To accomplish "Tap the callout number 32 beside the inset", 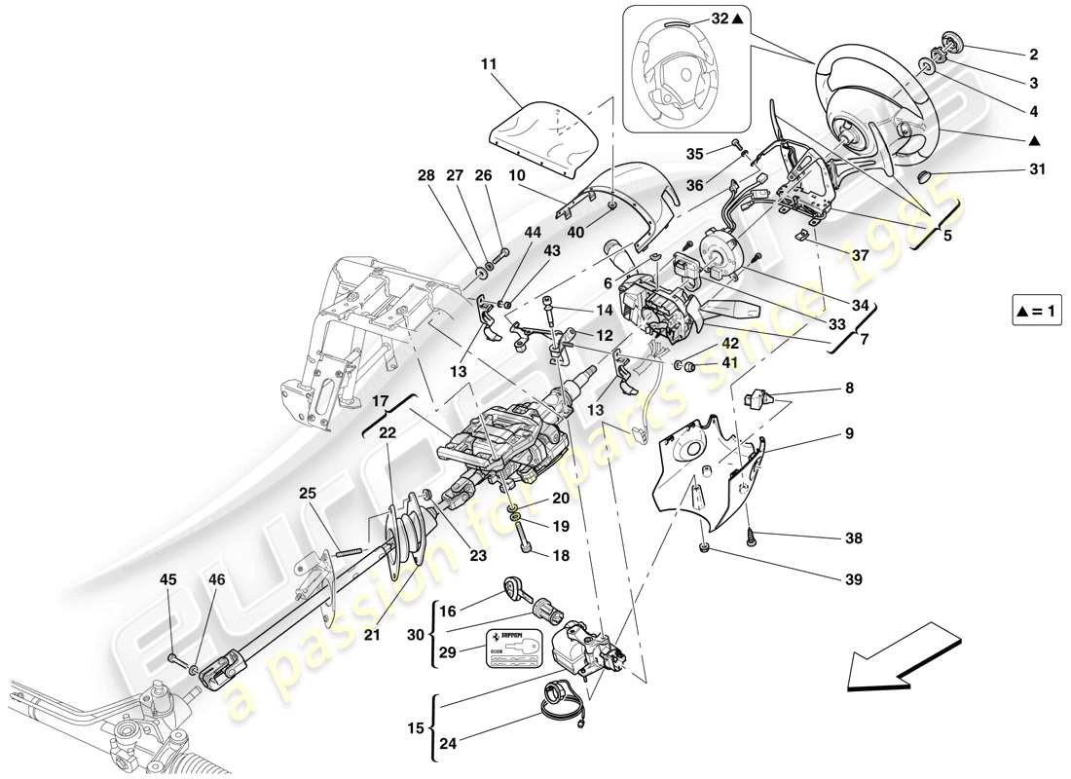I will (x=719, y=18).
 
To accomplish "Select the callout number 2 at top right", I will (x=1033, y=55).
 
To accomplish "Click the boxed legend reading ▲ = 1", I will (x=1037, y=312).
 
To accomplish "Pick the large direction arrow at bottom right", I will (x=901, y=664).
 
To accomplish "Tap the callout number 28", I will (x=425, y=175).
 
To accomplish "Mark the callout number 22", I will (x=387, y=432).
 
